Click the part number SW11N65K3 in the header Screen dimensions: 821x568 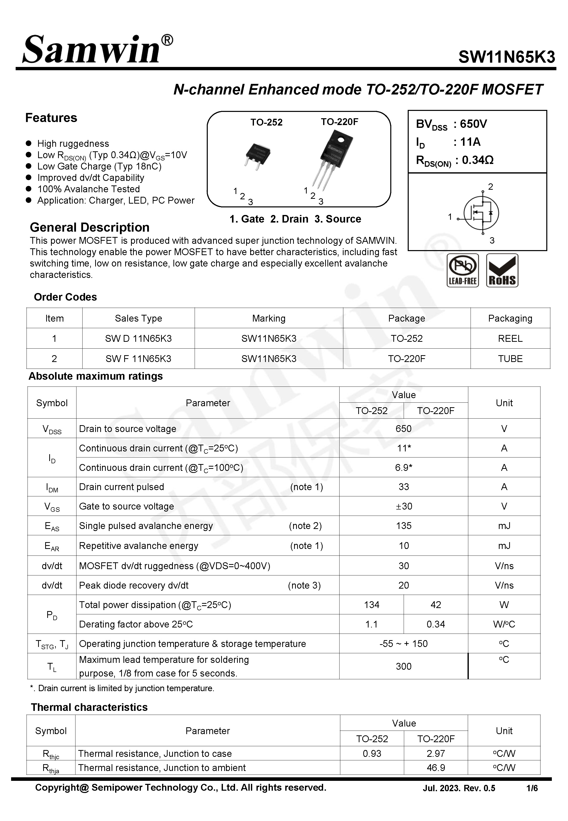(x=506, y=57)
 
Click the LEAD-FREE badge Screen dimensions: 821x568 (x=462, y=270)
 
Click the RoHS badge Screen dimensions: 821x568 (x=502, y=270)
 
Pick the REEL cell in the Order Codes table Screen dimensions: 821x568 (x=510, y=338)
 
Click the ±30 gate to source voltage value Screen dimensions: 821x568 (x=404, y=506)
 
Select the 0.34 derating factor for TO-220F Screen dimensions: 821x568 (x=436, y=624)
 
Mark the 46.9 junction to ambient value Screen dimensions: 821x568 (x=436, y=768)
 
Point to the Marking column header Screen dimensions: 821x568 (x=269, y=318)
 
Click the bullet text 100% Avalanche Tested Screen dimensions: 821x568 (x=89, y=189)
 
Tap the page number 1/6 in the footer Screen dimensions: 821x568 (x=532, y=788)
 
